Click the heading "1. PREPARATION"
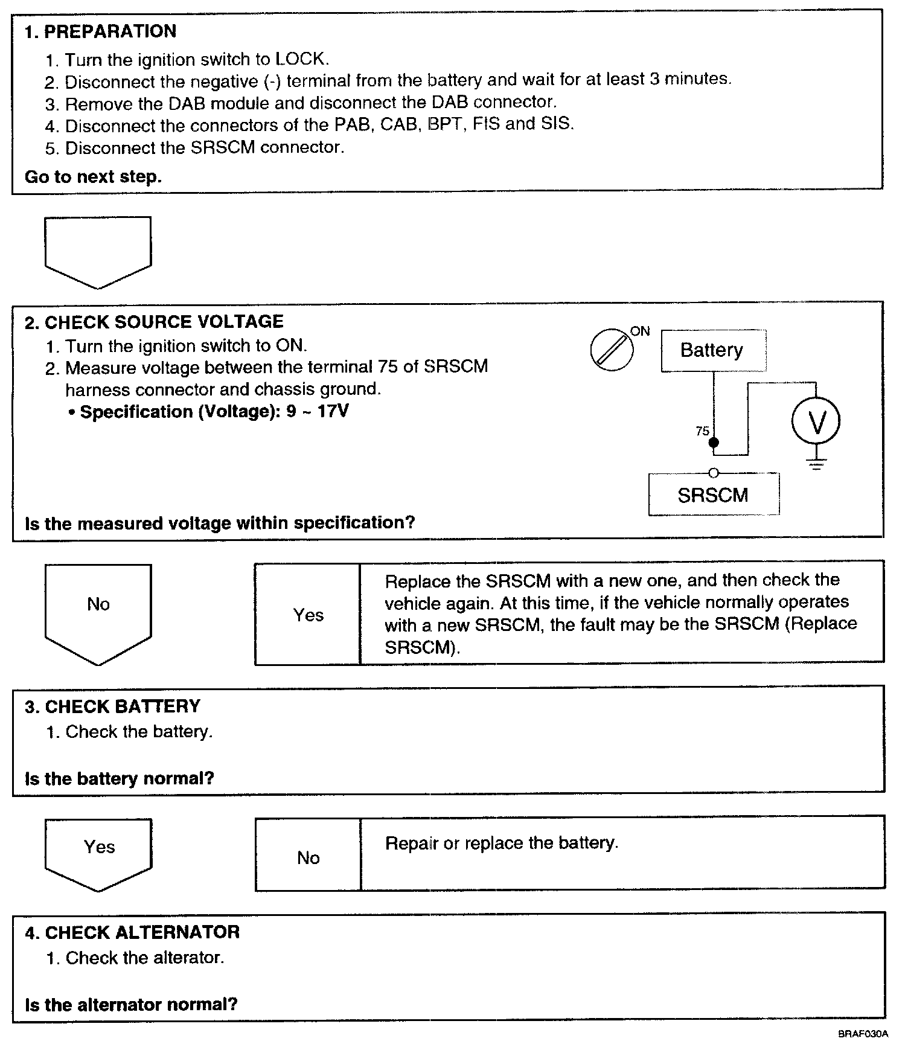[100, 31]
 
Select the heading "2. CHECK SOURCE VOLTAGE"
[154, 322]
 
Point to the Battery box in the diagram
[713, 350]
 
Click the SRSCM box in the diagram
[713, 495]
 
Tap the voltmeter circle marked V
[816, 421]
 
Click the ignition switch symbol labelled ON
[612, 350]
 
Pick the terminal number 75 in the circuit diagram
[702, 431]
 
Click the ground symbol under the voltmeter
[816, 464]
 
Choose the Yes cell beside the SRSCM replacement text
[308, 615]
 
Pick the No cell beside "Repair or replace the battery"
[308, 857]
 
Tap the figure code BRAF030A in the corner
[863, 1034]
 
